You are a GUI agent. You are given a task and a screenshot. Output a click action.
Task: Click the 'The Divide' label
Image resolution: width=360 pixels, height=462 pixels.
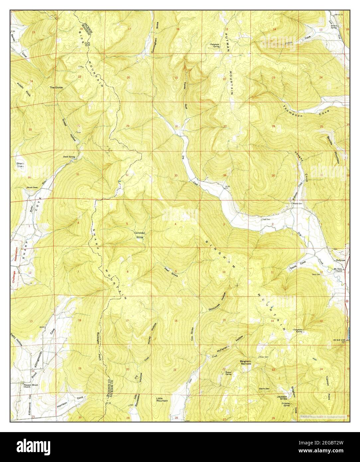point(56,87)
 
